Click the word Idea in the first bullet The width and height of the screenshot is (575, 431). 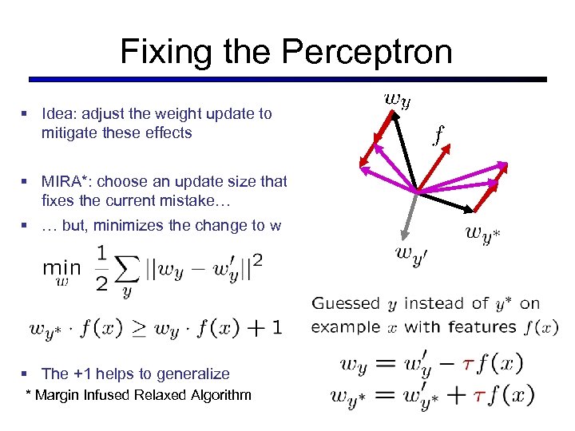coord(61,113)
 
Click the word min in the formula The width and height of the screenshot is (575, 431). coord(61,269)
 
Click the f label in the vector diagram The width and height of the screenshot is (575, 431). coord(438,136)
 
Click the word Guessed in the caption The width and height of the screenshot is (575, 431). coord(345,303)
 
